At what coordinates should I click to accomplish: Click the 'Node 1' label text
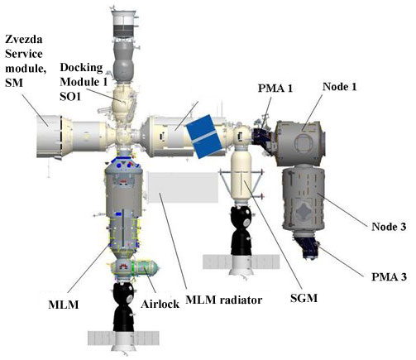pyautogui.click(x=339, y=87)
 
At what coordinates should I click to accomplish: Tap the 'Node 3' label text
pyautogui.click(x=389, y=227)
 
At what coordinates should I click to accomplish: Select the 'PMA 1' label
pyautogui.click(x=275, y=89)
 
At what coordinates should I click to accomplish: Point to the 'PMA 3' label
pyautogui.click(x=389, y=276)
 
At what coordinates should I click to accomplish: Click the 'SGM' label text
pyautogui.click(x=304, y=298)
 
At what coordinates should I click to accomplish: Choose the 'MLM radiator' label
pyautogui.click(x=223, y=300)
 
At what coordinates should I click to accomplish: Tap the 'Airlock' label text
pyautogui.click(x=160, y=304)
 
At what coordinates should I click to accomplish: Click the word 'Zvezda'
pyautogui.click(x=24, y=40)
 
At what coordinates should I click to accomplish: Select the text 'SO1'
pyautogui.click(x=70, y=96)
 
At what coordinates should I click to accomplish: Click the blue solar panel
pyautogui.click(x=204, y=137)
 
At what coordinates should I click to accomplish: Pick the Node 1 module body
pyautogui.click(x=300, y=143)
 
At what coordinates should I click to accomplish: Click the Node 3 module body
pyautogui.click(x=304, y=199)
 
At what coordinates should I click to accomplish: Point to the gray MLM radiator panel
pyautogui.click(x=184, y=187)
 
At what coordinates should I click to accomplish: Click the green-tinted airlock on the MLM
pyautogui.click(x=146, y=267)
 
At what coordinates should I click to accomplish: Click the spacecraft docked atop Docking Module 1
pyautogui.click(x=123, y=46)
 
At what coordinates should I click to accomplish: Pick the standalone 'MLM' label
pyautogui.click(x=64, y=305)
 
